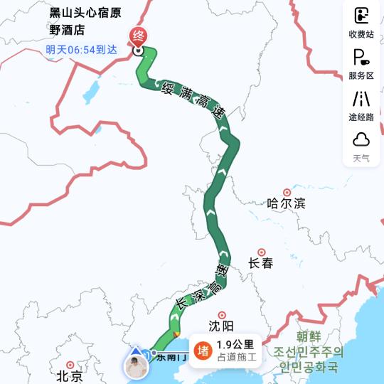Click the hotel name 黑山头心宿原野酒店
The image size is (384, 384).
75,21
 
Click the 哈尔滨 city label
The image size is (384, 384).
286,203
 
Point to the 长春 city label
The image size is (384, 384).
261,262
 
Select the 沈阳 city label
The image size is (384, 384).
222,326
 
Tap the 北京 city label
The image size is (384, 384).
69,375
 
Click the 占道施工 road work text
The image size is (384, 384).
237,357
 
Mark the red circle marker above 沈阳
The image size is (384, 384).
222,314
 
